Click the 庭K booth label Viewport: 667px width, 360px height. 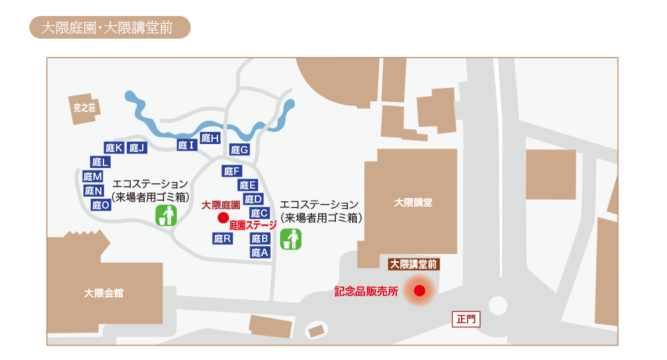tap(114, 148)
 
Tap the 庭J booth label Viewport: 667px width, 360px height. tap(137, 148)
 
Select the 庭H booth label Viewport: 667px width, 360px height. tap(210, 139)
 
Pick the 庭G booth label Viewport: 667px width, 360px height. tap(239, 150)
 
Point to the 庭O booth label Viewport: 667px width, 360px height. tap(101, 205)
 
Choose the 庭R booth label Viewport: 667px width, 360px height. tap(222, 239)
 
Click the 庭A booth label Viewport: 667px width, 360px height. tap(259, 253)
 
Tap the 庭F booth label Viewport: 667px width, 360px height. tap(231, 171)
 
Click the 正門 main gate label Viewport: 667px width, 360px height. tap(466, 319)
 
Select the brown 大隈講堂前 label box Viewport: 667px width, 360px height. tap(414, 264)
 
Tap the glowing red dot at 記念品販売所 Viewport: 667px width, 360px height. tap(420, 291)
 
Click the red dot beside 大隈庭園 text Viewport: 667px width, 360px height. tap(223, 217)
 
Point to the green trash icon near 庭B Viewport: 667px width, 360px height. tap(291, 239)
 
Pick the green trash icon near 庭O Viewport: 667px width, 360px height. tap(166, 215)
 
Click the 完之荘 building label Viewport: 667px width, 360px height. tap(85, 108)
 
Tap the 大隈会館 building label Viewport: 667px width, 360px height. tap(103, 293)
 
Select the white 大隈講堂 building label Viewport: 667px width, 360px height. tap(413, 203)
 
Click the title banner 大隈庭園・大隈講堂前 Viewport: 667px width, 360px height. tap(110, 28)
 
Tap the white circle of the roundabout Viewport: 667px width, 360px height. tap(498, 305)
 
